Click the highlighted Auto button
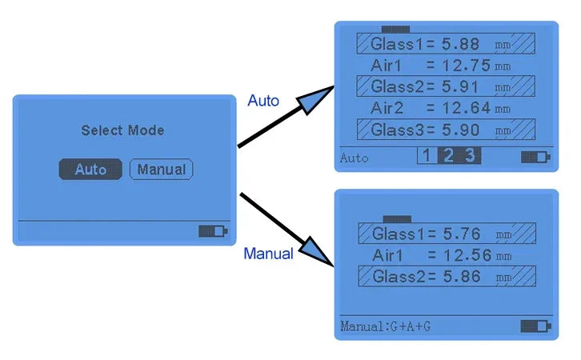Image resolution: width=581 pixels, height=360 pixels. click(x=90, y=170)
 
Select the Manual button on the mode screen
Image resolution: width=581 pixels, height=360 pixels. click(x=161, y=170)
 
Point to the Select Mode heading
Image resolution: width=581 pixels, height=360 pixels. click(x=122, y=130)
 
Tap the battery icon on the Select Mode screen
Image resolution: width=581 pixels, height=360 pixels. click(x=213, y=231)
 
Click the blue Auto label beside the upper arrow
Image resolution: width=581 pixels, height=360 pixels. click(x=263, y=101)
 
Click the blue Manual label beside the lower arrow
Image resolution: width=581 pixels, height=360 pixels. click(x=268, y=254)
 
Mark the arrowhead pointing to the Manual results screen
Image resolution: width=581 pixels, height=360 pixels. click(x=317, y=251)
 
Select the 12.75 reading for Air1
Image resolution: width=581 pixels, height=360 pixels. click(x=466, y=66)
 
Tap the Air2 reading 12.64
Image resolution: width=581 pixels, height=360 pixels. click(x=466, y=108)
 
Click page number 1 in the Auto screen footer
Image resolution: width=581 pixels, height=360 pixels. click(x=427, y=155)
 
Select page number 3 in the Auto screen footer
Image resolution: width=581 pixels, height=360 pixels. click(x=471, y=155)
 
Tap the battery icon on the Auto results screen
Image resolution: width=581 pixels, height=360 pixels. click(x=535, y=157)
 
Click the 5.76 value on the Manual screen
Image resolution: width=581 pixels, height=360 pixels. click(x=462, y=234)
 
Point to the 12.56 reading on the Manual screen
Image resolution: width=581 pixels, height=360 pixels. click(x=467, y=255)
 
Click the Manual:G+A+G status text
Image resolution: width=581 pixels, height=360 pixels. click(x=386, y=326)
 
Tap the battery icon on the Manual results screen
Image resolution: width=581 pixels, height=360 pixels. click(x=535, y=326)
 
